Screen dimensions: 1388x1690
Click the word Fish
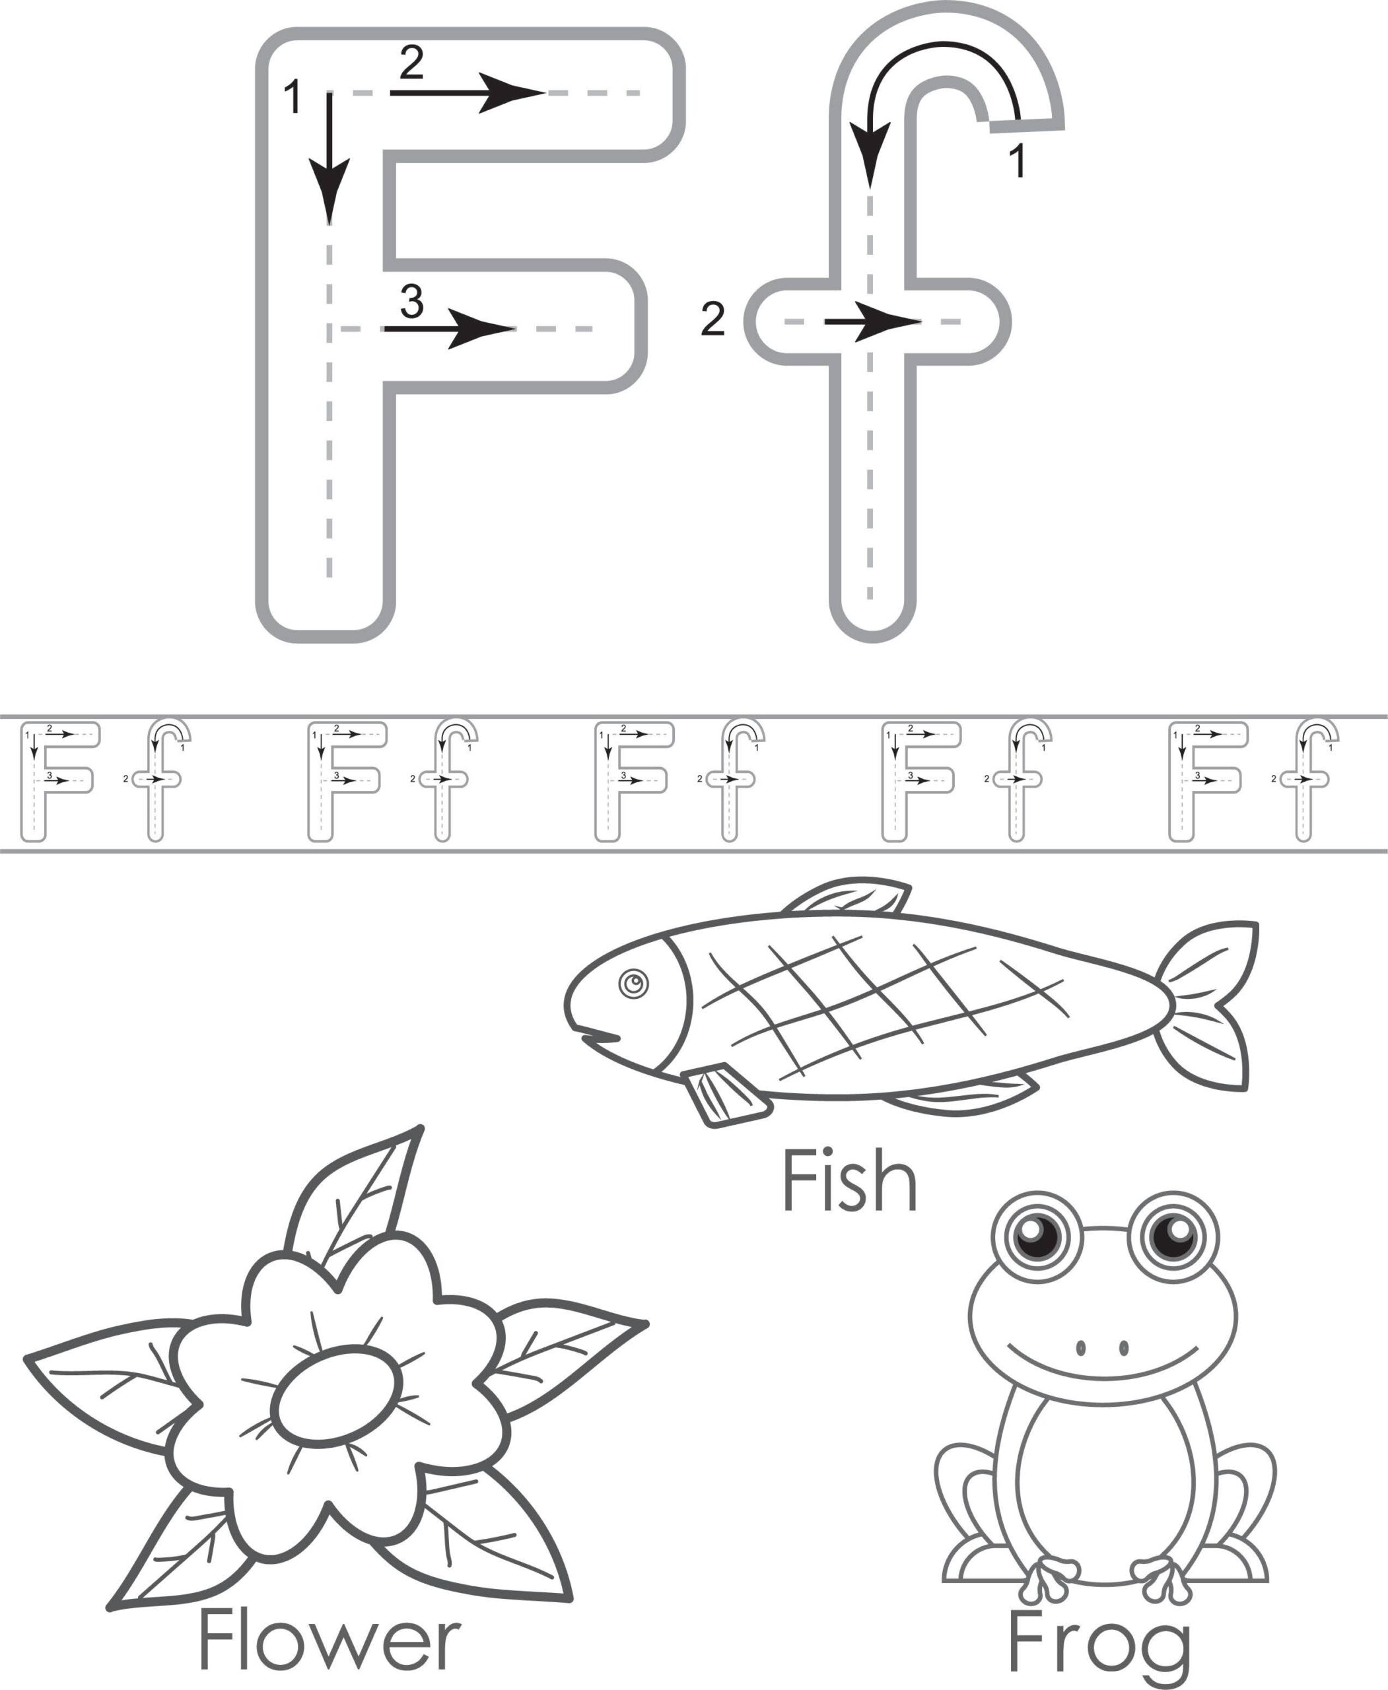pyautogui.click(x=849, y=1182)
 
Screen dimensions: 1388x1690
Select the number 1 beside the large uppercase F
pyautogui.click(x=293, y=98)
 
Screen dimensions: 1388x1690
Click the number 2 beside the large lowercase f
pyautogui.click(x=712, y=319)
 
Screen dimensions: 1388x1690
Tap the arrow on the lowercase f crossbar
pyautogui.click(x=874, y=322)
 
